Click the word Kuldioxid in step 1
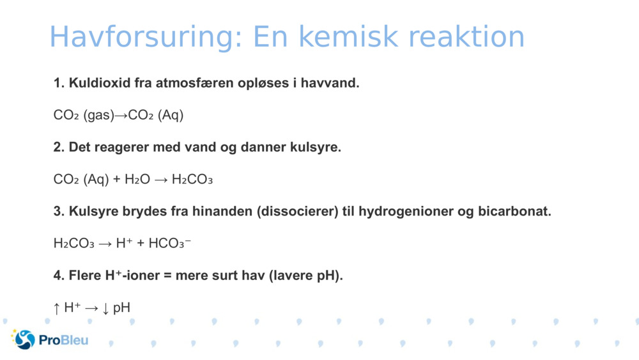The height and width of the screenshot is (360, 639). pos(99,83)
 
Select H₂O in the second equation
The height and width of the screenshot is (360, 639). pos(137,180)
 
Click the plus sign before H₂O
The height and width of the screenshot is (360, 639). pos(117,180)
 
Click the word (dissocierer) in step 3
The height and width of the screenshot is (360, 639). pos(297,212)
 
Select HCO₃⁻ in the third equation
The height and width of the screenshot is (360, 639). pos(169,244)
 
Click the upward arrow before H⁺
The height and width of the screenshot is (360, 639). pos(56,308)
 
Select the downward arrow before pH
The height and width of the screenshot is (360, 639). pos(105,308)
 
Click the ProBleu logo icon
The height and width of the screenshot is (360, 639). pos(24,340)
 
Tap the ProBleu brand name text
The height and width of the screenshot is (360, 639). pos(63,340)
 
